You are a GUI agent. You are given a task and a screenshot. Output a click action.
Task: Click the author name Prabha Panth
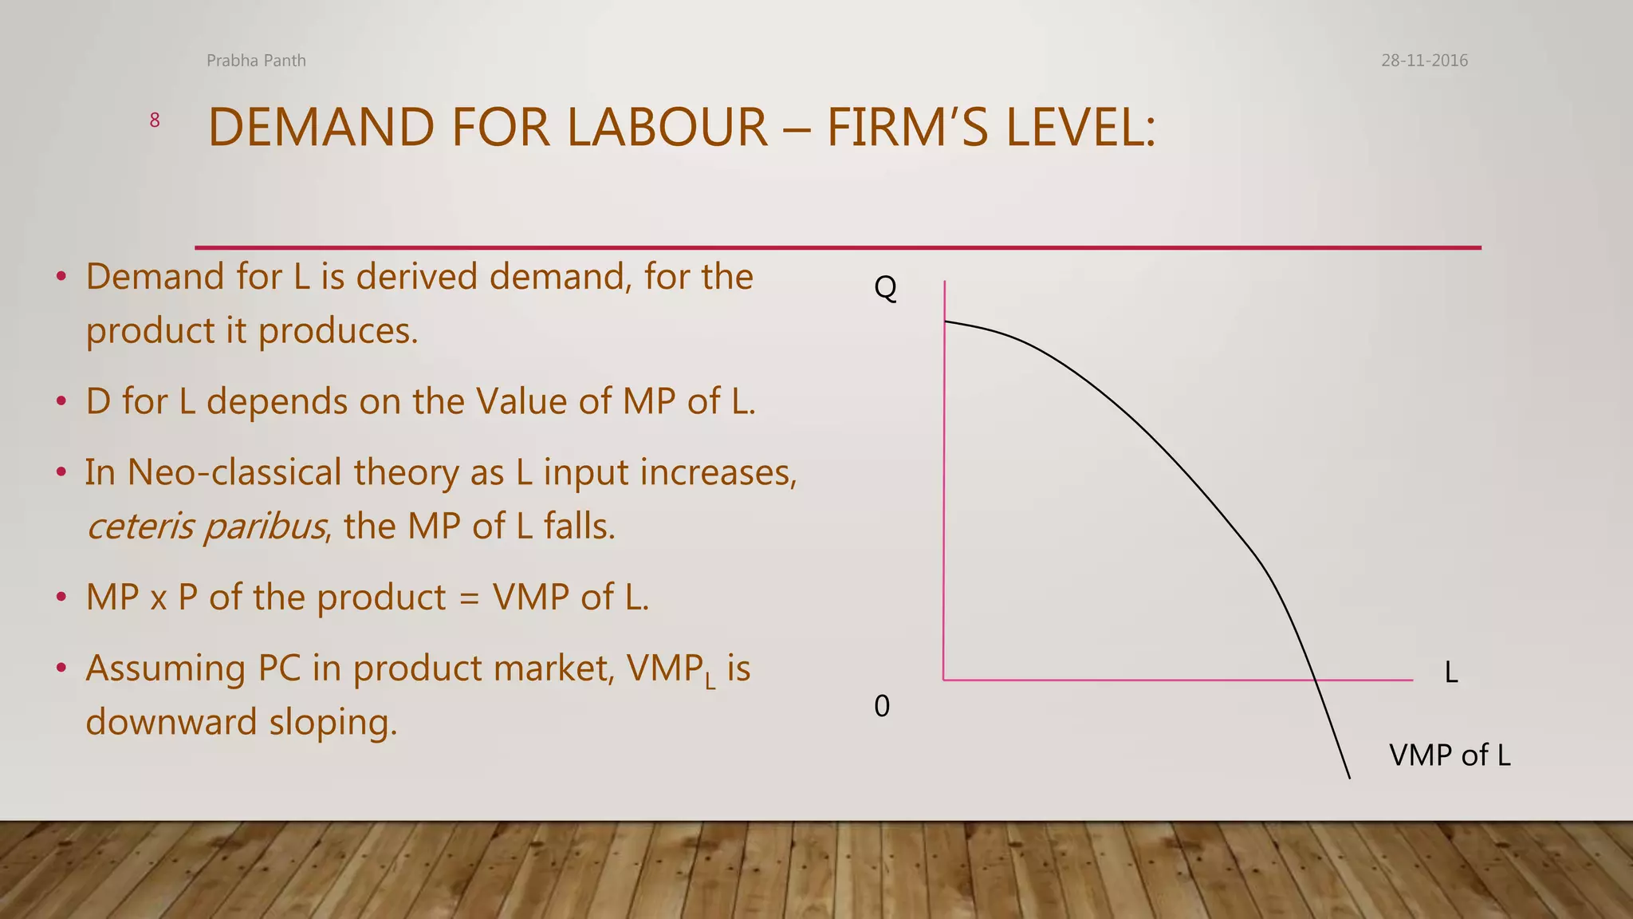coord(256,61)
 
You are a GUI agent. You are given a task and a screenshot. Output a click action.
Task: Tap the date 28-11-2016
coord(1424,61)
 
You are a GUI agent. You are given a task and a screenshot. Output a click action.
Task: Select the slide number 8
coord(155,120)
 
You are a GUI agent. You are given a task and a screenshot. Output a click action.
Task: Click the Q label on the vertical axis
coord(885,287)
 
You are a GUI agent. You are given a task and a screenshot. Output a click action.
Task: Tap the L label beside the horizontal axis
coord(1451,673)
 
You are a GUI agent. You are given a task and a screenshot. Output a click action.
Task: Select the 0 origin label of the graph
coord(882,706)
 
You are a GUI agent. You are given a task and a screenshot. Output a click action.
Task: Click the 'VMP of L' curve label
coord(1450,755)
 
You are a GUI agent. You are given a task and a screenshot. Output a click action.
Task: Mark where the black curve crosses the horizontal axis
coord(1313,680)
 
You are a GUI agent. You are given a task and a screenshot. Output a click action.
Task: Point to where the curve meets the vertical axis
coord(945,321)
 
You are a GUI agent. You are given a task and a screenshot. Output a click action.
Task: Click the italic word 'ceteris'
coord(140,527)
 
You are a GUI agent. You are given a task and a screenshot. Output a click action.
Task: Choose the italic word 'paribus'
coord(264,527)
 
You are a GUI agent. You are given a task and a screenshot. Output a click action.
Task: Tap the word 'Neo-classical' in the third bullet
coord(234,472)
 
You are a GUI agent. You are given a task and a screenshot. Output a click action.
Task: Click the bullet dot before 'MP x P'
coord(61,598)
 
